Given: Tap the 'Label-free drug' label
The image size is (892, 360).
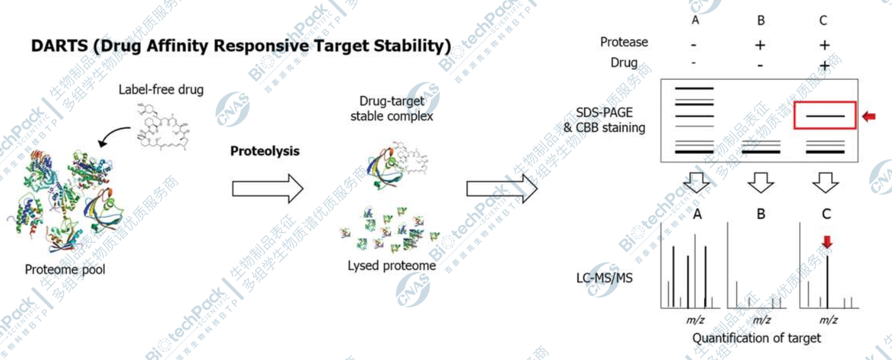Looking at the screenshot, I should (x=161, y=89).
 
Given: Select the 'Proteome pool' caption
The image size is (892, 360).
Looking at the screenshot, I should (x=65, y=270).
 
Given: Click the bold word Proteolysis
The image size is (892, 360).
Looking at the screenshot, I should (x=265, y=151).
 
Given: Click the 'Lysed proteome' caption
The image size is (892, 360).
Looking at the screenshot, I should (x=391, y=266).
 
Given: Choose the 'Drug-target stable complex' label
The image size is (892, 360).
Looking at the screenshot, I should (x=392, y=108).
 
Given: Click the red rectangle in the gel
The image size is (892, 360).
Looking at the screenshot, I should (x=825, y=116).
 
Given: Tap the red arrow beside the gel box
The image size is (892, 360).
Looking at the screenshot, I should (x=868, y=116).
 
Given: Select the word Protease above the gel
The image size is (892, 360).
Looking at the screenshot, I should (x=624, y=42).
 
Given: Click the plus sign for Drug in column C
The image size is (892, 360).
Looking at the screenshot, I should (x=824, y=65).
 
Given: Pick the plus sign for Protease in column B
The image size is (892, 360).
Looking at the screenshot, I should (x=761, y=45).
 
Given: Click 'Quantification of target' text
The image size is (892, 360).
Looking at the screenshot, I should (x=756, y=338).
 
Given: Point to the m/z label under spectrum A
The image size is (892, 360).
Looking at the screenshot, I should (x=695, y=320).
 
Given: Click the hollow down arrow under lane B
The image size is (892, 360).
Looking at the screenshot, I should (x=761, y=183).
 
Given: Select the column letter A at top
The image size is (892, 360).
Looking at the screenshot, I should (x=695, y=20).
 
